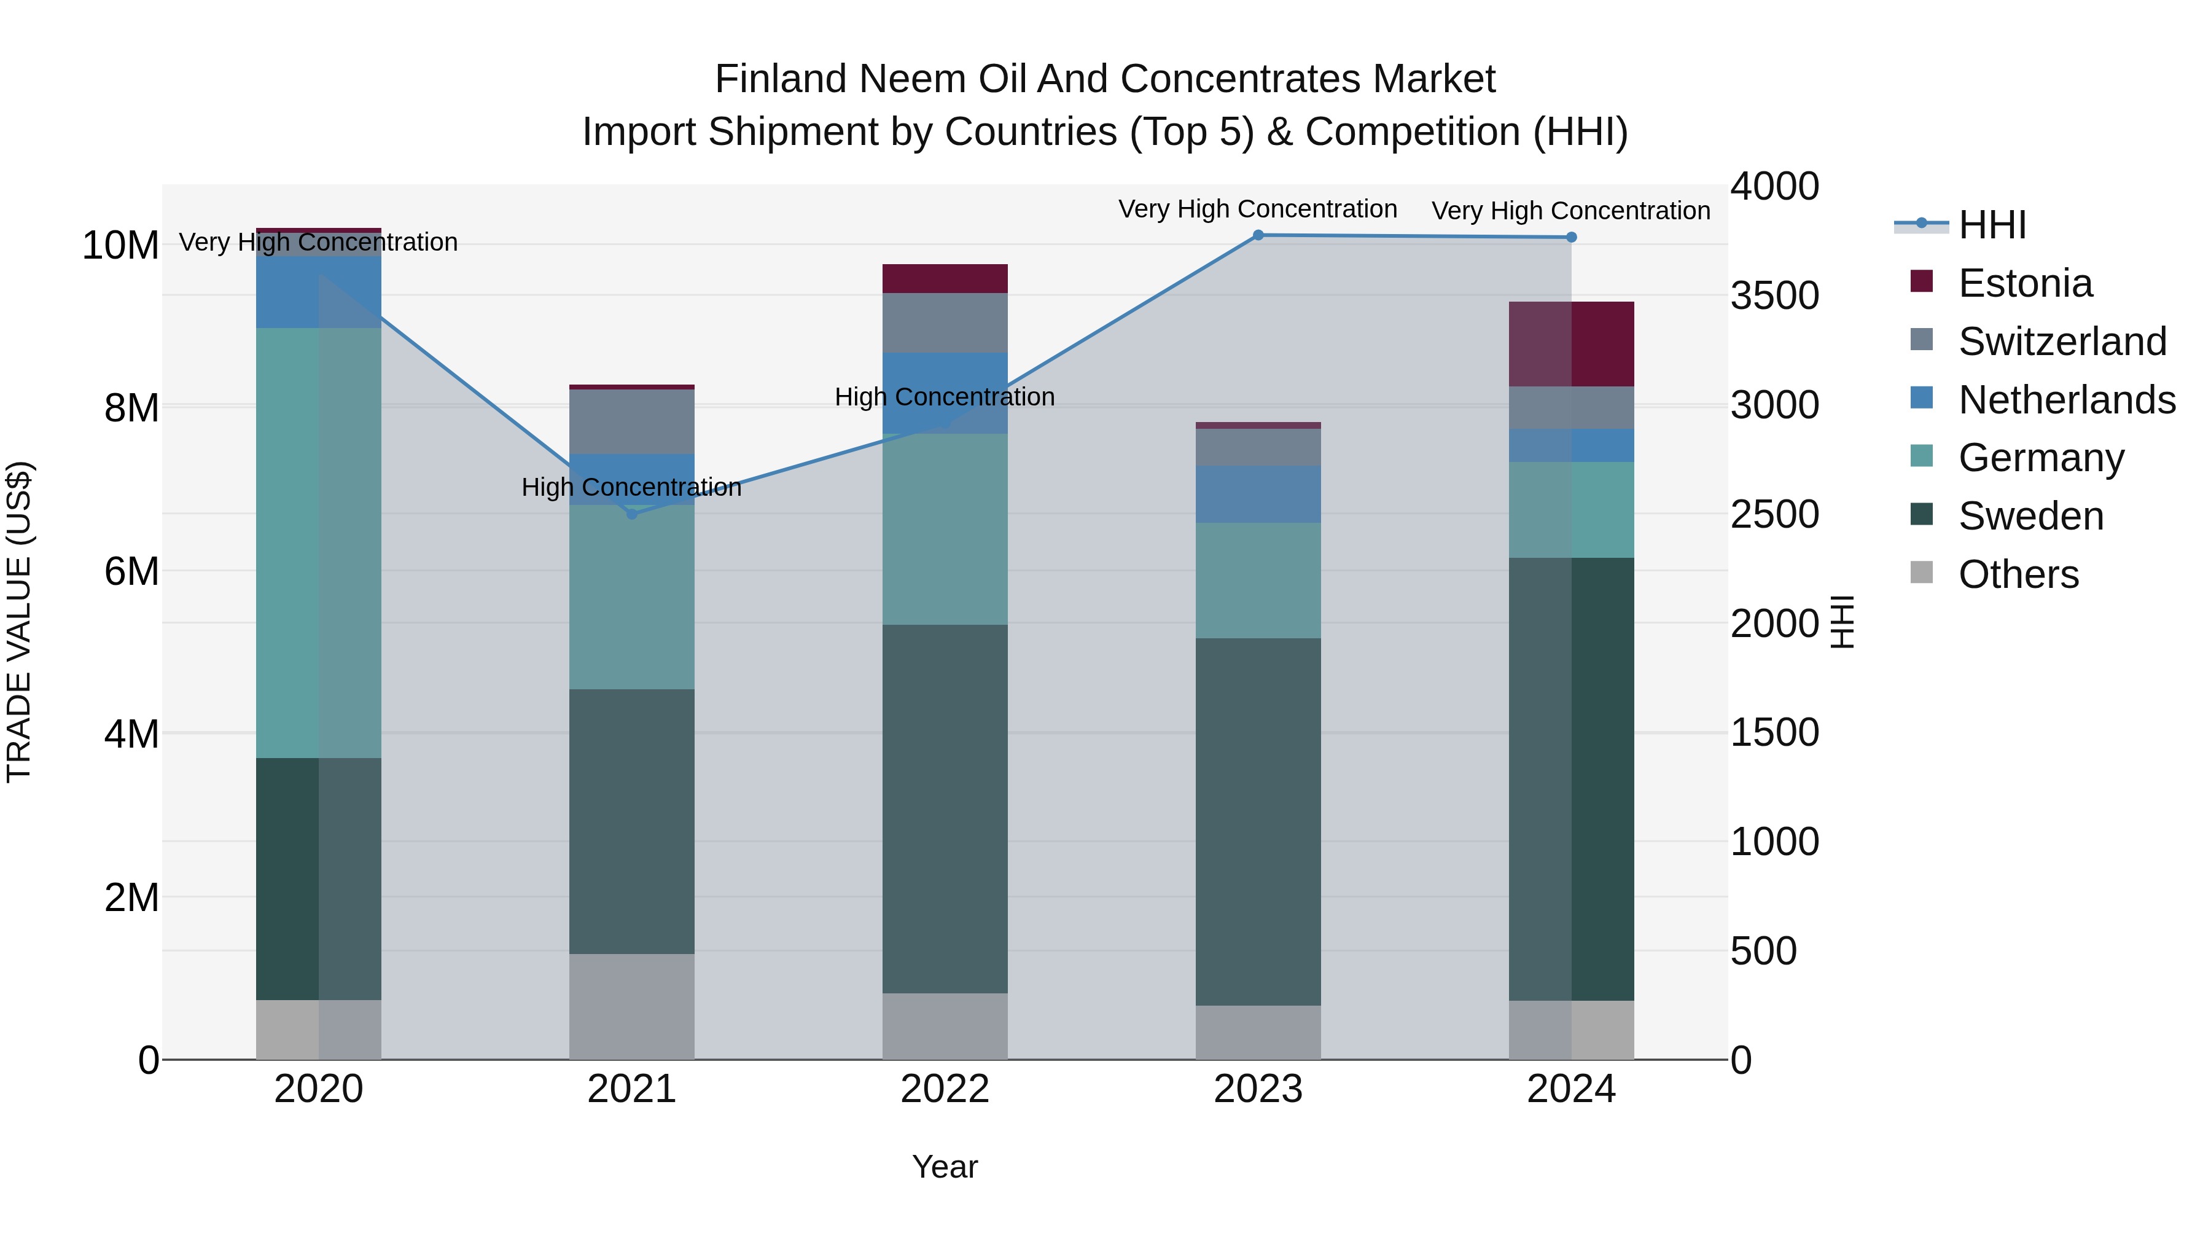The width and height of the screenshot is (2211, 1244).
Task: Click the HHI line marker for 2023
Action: coord(1258,235)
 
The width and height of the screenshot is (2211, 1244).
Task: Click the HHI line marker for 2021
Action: coord(632,514)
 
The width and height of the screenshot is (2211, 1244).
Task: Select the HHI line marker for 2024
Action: coord(1572,237)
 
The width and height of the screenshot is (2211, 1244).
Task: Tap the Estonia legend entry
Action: coord(2025,283)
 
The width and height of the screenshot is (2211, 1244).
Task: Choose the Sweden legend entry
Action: coord(2031,516)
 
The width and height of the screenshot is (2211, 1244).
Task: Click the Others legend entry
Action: coord(2018,574)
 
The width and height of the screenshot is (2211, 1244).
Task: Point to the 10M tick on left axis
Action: coord(120,246)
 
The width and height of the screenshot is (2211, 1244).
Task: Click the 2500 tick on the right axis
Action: coord(1773,514)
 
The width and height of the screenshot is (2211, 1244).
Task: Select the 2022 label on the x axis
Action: coord(945,1089)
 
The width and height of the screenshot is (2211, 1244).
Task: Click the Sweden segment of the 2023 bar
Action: coord(1258,821)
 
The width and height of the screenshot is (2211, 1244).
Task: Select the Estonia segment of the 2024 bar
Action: coord(1572,344)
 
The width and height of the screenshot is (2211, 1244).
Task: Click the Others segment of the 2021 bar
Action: coord(632,1006)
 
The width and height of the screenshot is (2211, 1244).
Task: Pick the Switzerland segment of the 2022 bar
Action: coord(945,323)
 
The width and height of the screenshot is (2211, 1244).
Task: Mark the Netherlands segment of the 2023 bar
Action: coord(1258,495)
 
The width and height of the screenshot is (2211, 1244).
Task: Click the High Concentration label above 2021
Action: coord(632,488)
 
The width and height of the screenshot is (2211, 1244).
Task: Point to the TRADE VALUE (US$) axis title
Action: coord(19,622)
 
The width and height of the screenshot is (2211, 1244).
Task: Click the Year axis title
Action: coord(945,1167)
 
